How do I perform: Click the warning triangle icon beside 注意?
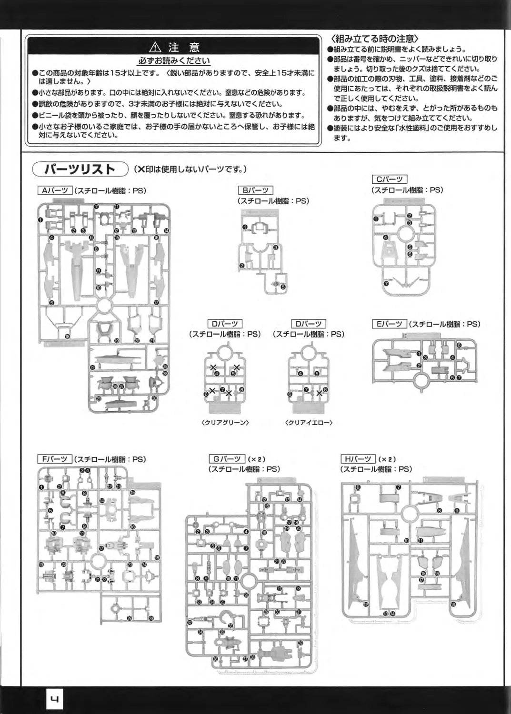coord(156,47)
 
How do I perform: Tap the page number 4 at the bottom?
coord(54,700)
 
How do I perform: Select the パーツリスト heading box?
coord(80,169)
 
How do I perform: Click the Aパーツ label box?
coord(54,191)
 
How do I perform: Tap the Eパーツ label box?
coord(389,324)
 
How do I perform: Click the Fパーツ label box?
coord(54,459)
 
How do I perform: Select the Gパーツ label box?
coord(227,459)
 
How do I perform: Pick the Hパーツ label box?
coord(358,459)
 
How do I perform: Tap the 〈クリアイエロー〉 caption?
coord(309,422)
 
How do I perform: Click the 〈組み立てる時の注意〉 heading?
coord(375,39)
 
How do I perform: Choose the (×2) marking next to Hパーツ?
coord(387,459)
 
